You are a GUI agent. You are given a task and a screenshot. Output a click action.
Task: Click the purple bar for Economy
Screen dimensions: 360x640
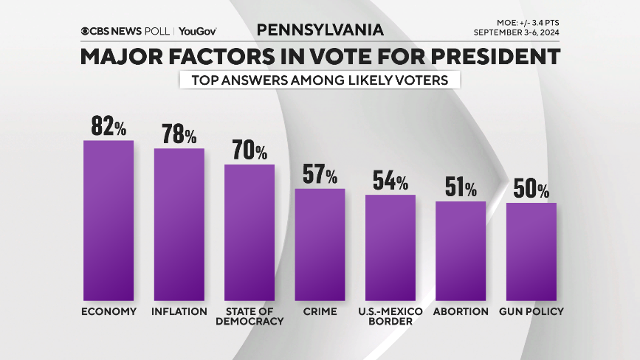109,220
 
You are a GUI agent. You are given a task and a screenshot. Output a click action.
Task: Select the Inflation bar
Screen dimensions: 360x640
179,224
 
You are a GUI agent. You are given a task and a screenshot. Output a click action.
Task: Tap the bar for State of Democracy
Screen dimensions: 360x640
250,232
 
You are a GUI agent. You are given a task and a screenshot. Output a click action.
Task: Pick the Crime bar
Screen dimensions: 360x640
320,244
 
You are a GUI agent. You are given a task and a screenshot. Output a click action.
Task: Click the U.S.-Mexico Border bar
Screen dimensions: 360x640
390,247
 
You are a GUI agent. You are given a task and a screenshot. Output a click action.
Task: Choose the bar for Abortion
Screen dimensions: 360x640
461,250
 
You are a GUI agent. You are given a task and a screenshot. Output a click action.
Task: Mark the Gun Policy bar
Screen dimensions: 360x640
531,251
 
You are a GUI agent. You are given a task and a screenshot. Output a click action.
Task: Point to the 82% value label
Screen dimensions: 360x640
109,126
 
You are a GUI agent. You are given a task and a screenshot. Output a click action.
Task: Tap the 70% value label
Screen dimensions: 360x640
250,150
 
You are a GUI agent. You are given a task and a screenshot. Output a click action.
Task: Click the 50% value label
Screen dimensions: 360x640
531,190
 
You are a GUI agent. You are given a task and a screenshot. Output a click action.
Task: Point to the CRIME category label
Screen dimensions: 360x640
320,311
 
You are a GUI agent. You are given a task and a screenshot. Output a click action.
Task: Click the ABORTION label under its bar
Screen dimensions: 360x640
461,311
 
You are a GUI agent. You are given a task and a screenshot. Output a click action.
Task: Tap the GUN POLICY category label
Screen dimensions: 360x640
531,311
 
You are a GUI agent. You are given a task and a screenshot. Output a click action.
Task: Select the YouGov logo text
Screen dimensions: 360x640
197,31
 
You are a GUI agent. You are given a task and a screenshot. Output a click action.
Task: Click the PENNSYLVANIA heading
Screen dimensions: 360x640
320,30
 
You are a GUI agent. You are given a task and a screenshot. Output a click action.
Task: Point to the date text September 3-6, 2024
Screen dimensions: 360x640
517,33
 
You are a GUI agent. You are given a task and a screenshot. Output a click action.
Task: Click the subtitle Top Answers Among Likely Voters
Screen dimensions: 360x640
320,80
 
